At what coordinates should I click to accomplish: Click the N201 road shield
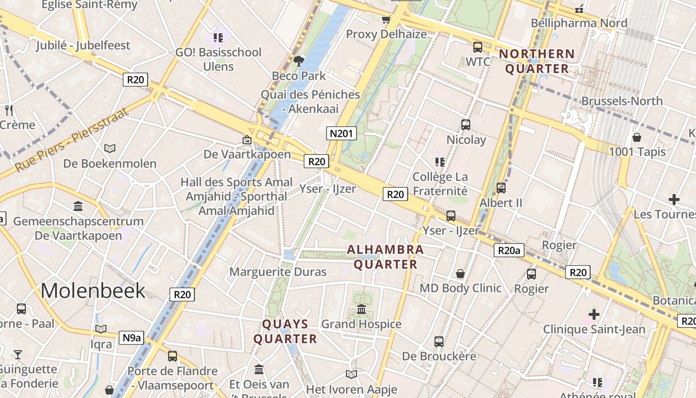click(x=342, y=133)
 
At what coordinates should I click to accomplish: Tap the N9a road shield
click(x=132, y=338)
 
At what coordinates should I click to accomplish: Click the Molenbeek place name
click(x=93, y=291)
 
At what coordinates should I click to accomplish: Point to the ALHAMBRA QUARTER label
click(x=385, y=257)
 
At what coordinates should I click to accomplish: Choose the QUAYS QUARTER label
click(x=285, y=331)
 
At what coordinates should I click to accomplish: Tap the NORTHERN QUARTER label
click(x=537, y=61)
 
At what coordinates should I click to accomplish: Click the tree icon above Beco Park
click(x=299, y=61)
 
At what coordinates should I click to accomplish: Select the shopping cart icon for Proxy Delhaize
click(x=386, y=20)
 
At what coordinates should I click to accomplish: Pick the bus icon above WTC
click(x=478, y=47)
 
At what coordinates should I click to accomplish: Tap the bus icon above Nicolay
click(x=466, y=125)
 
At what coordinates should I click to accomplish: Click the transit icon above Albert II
click(x=501, y=188)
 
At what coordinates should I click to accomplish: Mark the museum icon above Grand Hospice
click(x=361, y=309)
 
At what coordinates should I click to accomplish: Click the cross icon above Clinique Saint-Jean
click(x=594, y=314)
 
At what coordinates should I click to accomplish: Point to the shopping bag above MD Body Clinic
click(x=460, y=274)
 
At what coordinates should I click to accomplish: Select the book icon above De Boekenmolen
click(x=110, y=148)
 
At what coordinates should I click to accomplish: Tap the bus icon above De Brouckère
click(x=439, y=342)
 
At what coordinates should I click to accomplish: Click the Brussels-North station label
click(x=622, y=101)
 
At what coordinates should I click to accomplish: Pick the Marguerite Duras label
click(x=278, y=272)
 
